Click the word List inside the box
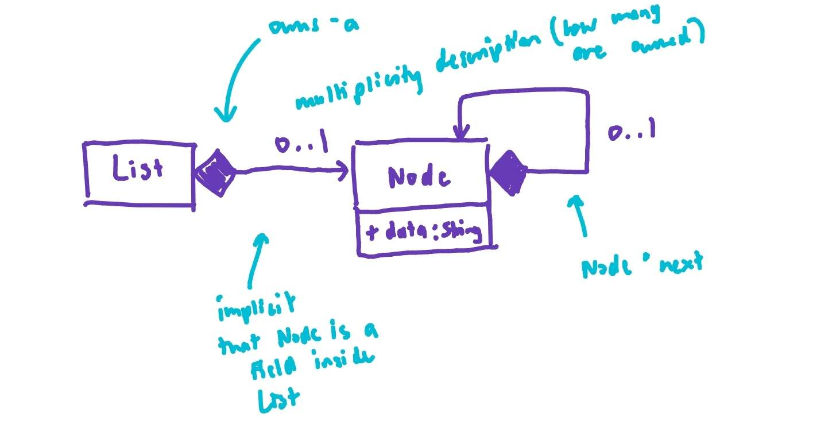[138, 170]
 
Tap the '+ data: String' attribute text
[423, 232]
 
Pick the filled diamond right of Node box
[509, 171]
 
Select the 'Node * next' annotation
[641, 265]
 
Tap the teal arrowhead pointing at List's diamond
[226, 118]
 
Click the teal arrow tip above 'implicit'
[262, 236]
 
